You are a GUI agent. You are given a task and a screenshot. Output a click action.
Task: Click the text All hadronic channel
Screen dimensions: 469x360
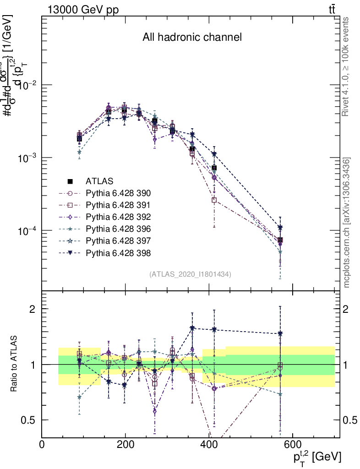click(192, 37)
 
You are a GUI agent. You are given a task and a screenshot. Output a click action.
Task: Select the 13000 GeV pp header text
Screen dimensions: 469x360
click(83, 10)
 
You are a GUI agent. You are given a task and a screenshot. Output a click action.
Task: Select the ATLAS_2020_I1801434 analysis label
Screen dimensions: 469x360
click(190, 274)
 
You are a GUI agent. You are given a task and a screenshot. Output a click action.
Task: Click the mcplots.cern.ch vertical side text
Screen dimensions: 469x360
click(347, 223)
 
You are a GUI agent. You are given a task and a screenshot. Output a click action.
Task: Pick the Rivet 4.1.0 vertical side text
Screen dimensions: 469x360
click(347, 70)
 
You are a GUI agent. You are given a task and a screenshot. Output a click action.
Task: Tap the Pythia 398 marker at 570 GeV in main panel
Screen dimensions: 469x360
click(280, 228)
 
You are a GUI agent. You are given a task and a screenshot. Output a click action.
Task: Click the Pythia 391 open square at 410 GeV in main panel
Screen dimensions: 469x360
click(214, 200)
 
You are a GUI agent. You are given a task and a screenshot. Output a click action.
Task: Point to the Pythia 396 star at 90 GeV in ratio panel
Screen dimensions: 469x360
click(79, 397)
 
